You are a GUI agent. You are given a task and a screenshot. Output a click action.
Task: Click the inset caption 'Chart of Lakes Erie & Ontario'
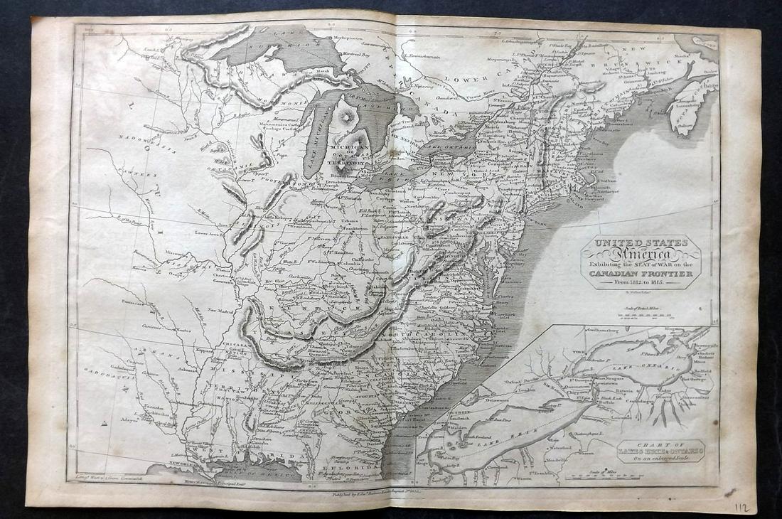pos(650,451)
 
